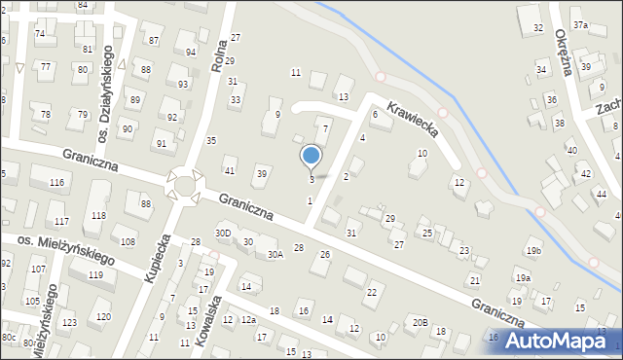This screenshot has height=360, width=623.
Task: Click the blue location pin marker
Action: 311,156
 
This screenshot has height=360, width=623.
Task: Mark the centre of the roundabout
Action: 185,183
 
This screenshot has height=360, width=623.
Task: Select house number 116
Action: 57,183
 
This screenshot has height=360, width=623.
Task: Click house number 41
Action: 230,171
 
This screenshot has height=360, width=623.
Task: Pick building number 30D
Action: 224,234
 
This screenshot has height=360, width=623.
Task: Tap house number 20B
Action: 420,322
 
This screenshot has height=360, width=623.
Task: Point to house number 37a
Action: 580,24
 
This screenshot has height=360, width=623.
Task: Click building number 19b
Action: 533,251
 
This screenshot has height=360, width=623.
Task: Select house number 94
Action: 191,52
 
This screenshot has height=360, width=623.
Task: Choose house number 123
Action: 69,322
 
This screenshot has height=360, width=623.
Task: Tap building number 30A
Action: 275,254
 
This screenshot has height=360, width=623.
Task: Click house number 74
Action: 40,34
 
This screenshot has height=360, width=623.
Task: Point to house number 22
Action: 372,293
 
